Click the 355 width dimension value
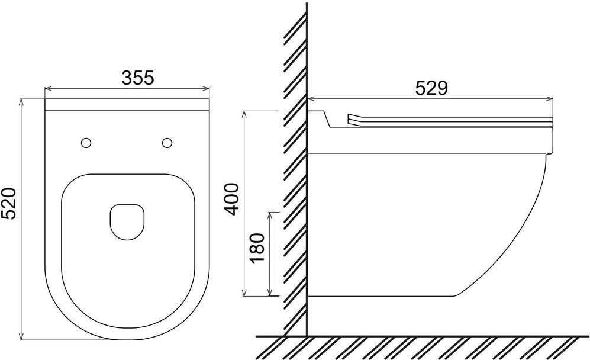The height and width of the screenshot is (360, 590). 138,78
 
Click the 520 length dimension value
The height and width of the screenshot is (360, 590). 8,203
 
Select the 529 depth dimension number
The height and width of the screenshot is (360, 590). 431,88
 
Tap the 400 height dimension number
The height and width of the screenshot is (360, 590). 231,199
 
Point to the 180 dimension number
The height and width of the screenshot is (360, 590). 257,248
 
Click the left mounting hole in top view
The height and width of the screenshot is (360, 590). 86,143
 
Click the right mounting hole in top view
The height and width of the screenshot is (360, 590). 167,143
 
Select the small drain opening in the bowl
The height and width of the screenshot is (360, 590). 127,222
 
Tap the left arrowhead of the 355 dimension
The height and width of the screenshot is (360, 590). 48,89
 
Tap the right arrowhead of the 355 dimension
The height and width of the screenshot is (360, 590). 206,89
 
